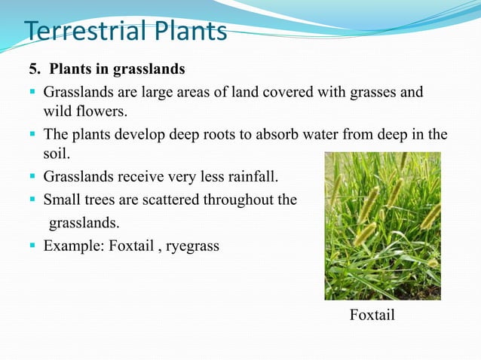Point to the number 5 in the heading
click(32, 70)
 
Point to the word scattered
click(176, 200)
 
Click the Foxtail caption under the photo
click(372, 315)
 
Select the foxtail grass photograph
click(382, 226)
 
